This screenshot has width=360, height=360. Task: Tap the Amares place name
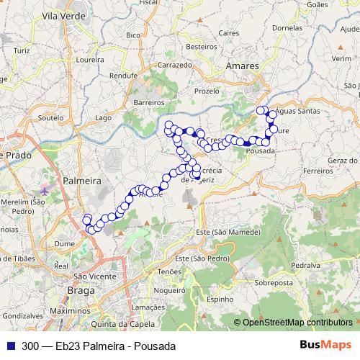[242, 66]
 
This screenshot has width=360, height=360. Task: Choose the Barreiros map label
[149, 103]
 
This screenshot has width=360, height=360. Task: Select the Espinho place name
[220, 299]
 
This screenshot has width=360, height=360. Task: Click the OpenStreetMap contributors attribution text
[298, 323]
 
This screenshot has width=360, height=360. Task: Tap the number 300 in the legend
[30, 346]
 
